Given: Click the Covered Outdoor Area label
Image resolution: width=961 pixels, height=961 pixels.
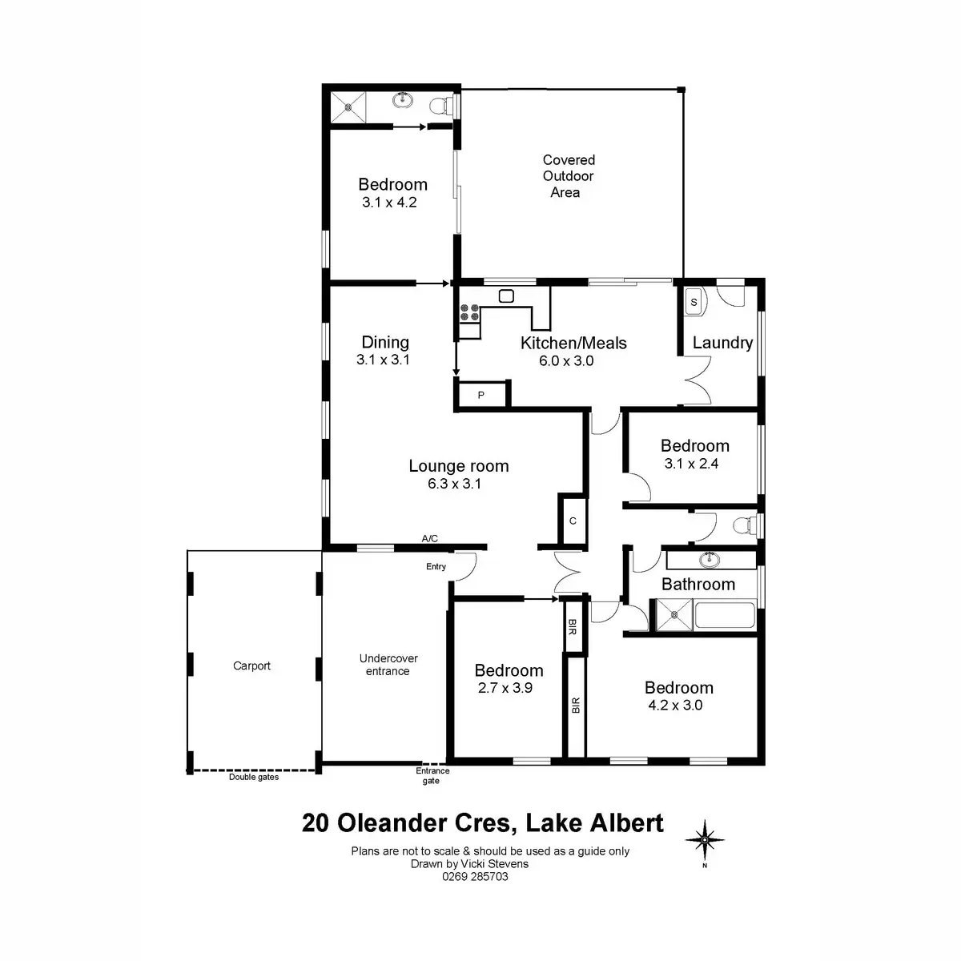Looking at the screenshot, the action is (568, 176).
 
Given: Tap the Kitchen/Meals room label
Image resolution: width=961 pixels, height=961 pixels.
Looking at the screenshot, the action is (573, 343).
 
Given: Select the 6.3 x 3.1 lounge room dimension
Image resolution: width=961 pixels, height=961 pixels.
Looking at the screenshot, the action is (455, 484).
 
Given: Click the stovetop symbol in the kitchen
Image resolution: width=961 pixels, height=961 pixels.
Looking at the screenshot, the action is (470, 312).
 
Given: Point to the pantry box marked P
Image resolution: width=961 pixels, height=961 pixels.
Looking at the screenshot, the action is (481, 396).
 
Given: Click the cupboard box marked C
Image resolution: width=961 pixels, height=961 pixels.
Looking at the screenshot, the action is (573, 521).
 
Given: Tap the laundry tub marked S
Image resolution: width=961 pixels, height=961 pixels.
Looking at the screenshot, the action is (694, 302).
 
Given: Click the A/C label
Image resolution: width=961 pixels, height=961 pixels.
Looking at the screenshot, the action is (430, 539).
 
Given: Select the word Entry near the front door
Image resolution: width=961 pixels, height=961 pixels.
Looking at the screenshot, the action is (436, 567).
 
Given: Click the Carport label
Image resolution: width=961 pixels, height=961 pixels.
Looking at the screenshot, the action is (251, 665).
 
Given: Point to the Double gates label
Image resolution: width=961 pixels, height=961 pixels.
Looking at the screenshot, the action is (254, 777).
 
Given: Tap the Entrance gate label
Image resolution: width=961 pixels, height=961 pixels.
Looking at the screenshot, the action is (432, 776).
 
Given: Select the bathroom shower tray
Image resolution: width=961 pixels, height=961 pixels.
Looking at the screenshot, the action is (674, 616).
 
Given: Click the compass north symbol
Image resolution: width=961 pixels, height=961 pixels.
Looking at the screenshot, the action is (705, 840).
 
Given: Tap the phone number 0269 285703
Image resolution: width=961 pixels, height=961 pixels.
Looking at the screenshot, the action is (475, 876).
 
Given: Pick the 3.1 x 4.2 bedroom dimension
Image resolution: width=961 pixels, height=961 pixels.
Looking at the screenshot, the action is (389, 203).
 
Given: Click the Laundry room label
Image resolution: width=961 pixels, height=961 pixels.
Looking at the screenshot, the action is (722, 343).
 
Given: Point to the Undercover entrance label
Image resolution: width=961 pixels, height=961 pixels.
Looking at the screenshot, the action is (388, 665).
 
